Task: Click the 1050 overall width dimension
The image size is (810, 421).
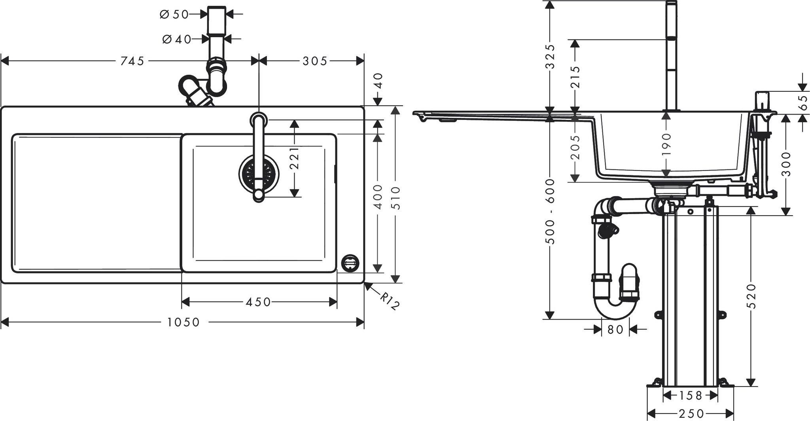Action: click(x=183, y=322)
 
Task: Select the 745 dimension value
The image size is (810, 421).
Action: click(x=132, y=61)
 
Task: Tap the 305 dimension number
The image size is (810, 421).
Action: click(x=315, y=61)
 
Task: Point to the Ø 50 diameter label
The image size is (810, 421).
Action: click(x=174, y=15)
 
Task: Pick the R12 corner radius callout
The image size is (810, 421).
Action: click(x=390, y=301)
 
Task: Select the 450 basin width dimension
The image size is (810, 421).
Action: click(x=258, y=302)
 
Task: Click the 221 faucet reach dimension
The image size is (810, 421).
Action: click(x=294, y=158)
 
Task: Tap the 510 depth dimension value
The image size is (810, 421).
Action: click(x=396, y=198)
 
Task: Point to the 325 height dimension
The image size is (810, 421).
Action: click(x=550, y=57)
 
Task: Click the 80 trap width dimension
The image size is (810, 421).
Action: click(x=615, y=329)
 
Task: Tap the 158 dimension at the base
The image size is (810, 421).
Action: click(x=691, y=395)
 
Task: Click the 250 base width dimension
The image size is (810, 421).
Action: click(x=691, y=413)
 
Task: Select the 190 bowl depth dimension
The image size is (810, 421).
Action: click(x=666, y=144)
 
